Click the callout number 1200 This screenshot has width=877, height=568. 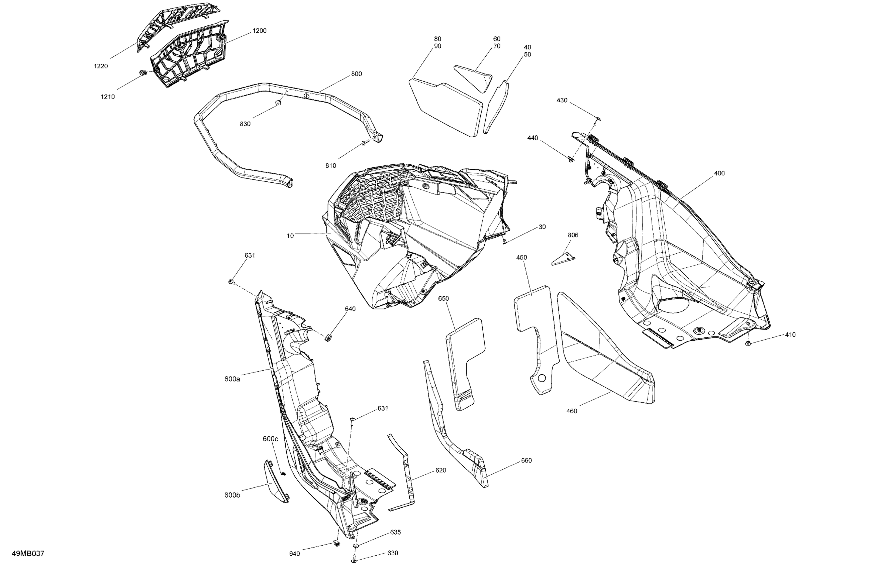click(260, 31)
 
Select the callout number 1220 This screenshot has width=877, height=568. click(101, 66)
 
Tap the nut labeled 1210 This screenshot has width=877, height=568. click(143, 73)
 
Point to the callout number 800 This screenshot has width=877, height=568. click(356, 74)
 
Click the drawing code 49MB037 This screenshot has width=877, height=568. click(28, 553)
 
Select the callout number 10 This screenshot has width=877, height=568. click(290, 236)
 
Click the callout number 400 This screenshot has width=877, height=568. click(719, 173)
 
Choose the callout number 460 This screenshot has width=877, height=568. click(572, 411)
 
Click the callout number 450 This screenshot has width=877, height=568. click(521, 257)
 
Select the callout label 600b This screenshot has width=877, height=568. click(232, 495)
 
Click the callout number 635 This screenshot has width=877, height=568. click(395, 532)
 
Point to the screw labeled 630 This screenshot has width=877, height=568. click(354, 561)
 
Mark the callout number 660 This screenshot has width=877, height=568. click(526, 460)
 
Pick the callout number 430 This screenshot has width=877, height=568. click(562, 100)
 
